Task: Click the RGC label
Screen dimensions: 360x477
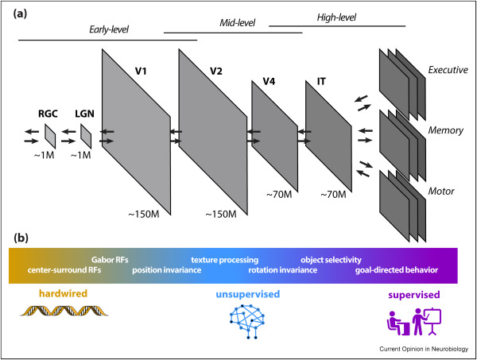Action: coord(50,113)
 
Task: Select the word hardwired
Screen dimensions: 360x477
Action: coord(52,295)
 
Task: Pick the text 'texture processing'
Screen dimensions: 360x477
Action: coord(224,259)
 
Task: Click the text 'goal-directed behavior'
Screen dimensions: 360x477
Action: coord(397,270)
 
